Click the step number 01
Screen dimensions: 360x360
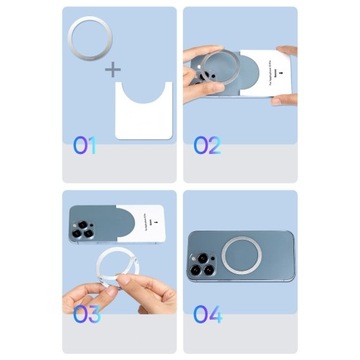pyautogui.click(x=85, y=145)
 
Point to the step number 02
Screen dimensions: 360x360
pyautogui.click(x=207, y=145)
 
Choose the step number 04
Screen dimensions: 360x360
pyautogui.click(x=208, y=316)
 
